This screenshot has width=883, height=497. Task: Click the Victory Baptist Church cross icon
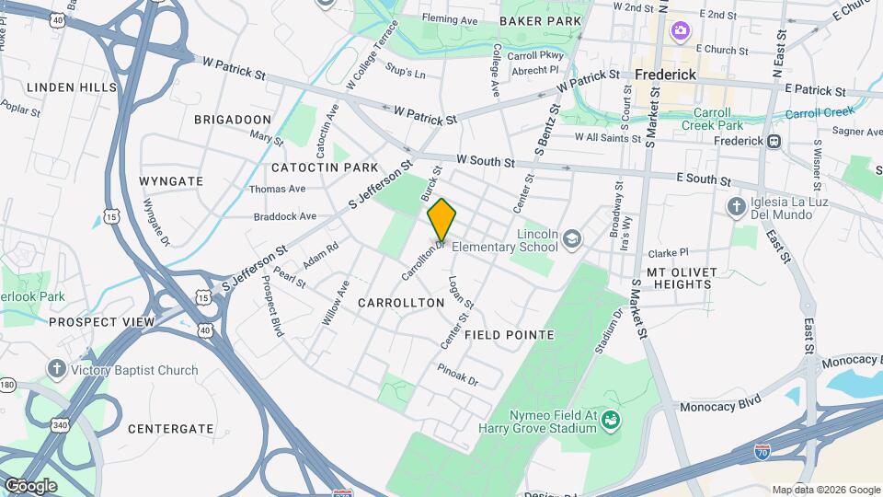[x=57, y=370]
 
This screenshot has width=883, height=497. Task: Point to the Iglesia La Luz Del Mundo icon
[x=736, y=207]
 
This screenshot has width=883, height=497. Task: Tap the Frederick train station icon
[x=774, y=141]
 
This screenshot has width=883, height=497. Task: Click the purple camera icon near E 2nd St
[x=680, y=31]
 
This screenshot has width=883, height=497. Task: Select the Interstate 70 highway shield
[x=762, y=452]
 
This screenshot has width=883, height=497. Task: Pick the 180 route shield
[x=6, y=384]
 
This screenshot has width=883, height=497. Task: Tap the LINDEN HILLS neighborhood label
[x=72, y=87]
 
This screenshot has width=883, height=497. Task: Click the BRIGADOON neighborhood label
[x=233, y=120]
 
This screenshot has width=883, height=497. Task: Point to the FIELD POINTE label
[x=509, y=335]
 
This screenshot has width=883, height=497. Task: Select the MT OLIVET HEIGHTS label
[x=679, y=278]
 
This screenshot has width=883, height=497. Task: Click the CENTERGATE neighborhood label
[x=170, y=429]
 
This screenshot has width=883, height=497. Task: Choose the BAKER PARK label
[x=540, y=20]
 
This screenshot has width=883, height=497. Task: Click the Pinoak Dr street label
[x=458, y=378]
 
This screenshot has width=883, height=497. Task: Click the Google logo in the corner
[x=30, y=485]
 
